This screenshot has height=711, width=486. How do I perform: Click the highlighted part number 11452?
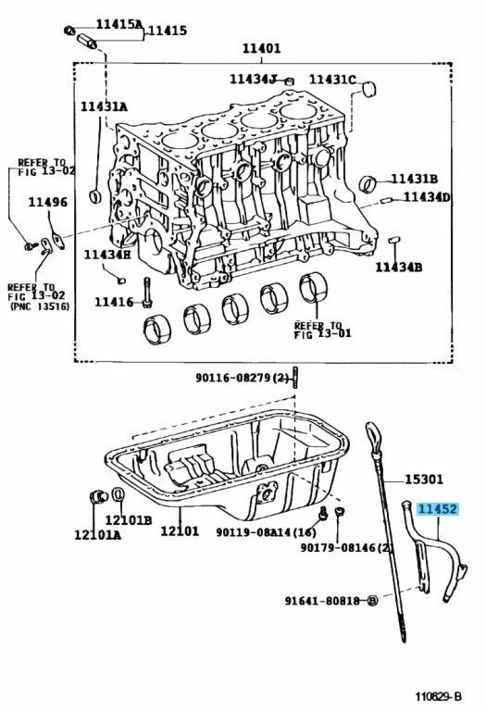click(x=438, y=510)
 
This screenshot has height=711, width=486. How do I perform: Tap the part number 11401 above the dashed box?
click(x=262, y=48)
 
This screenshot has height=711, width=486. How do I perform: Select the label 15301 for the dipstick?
click(x=423, y=480)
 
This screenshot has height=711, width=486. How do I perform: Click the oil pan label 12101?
click(x=180, y=531)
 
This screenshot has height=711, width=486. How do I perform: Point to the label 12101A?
click(x=98, y=535)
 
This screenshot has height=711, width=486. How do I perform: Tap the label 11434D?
click(x=427, y=197)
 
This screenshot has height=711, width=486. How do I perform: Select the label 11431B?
click(x=415, y=179)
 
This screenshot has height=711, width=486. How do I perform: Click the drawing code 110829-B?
click(x=439, y=696)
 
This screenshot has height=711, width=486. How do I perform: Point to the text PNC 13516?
click(x=40, y=306)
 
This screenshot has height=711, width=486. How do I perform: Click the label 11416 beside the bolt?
click(x=114, y=302)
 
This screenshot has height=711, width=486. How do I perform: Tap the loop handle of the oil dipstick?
click(x=373, y=436)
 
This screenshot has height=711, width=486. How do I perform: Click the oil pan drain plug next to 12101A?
click(x=98, y=496)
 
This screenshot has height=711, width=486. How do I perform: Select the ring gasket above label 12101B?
click(x=118, y=495)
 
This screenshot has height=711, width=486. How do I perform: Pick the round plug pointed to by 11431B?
click(x=368, y=183)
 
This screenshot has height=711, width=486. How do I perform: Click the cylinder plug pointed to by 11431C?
click(x=370, y=89)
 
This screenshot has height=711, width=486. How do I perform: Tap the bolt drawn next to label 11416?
click(x=147, y=293)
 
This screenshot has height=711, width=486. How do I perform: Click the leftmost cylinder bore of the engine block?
click(x=180, y=140)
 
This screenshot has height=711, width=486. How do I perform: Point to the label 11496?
click(x=47, y=202)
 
